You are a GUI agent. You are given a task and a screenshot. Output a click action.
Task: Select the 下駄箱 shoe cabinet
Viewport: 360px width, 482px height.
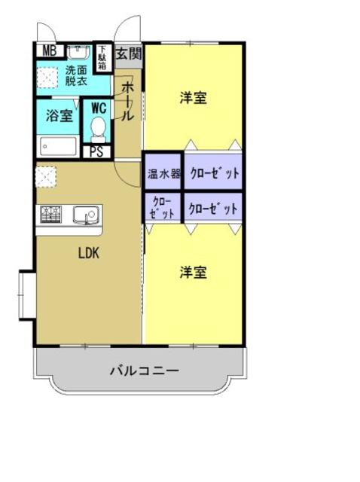[102, 57]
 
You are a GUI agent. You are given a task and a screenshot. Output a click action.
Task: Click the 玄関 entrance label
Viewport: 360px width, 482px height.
[130, 53]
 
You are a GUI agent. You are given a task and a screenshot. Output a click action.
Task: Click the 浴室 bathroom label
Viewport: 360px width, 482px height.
[59, 116]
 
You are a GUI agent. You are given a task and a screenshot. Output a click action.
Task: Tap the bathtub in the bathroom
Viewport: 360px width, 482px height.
[59, 145]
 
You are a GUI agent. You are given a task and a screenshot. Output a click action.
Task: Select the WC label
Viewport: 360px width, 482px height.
[99, 107]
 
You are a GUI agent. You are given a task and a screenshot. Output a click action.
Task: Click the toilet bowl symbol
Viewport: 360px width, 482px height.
[99, 130]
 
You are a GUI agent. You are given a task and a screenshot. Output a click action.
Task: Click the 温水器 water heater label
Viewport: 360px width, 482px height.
[163, 173]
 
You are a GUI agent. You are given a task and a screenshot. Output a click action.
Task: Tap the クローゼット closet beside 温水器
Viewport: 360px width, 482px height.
[214, 173]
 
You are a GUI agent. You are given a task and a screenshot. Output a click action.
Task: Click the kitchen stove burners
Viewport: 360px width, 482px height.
[50, 215]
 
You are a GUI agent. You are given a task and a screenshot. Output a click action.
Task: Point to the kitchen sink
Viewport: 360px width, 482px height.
[85, 215]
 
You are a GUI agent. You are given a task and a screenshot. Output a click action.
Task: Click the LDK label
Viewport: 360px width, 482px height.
[89, 253]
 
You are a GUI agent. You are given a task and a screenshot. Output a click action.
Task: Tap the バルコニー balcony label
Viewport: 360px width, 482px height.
[143, 371]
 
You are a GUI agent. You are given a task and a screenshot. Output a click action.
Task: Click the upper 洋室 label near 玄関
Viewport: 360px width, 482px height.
[194, 98]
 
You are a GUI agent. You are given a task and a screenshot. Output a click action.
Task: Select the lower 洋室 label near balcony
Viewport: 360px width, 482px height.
[194, 273]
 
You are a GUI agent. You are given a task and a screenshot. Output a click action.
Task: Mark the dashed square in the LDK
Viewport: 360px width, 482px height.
[44, 176]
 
